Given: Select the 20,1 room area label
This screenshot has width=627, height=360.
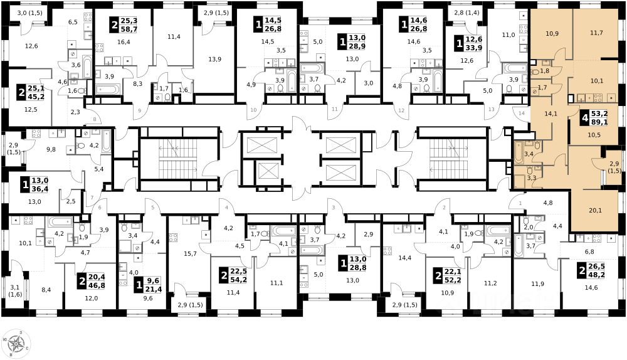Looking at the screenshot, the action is click(596, 211).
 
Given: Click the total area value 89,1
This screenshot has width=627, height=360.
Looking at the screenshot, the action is click(599, 122).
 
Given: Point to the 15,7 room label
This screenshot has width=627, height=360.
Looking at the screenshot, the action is click(190, 253).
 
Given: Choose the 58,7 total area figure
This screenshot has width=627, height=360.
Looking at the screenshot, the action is click(129, 29).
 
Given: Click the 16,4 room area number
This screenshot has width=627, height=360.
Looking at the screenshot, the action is click(124, 41).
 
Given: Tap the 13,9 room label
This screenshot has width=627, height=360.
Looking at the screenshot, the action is click(214, 59).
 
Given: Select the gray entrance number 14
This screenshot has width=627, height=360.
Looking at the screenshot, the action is click(522, 113).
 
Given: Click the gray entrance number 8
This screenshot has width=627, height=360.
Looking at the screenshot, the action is click(95, 119).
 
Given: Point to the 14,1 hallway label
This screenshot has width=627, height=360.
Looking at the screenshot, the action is click(551, 114).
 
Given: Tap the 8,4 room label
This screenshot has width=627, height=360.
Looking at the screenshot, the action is click(46, 290).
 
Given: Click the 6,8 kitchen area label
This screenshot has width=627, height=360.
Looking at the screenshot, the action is click(589, 252).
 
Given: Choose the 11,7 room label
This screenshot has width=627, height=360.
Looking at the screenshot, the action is click(596, 33).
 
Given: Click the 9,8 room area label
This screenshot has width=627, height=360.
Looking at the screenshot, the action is click(51, 150).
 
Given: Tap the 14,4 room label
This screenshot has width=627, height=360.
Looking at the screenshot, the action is click(405, 258).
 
